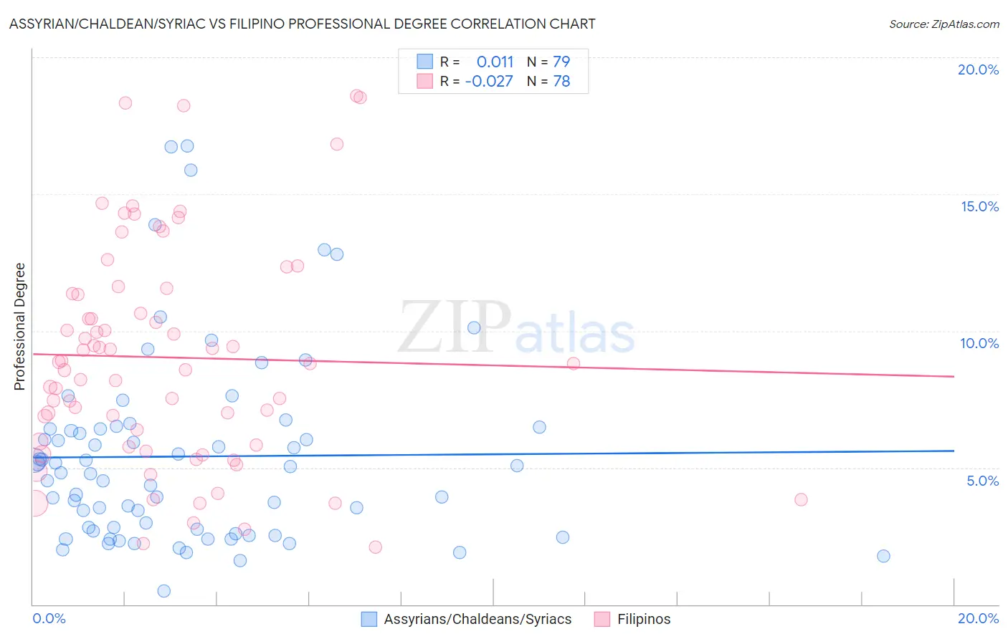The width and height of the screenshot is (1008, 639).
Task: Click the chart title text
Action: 302,24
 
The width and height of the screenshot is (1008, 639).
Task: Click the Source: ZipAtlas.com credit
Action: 943,24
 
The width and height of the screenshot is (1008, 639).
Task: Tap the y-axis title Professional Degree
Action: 19,327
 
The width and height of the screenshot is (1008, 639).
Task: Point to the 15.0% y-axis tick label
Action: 979,206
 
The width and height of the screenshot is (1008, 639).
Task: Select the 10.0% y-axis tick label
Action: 979,343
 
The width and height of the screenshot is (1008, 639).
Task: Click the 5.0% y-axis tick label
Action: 982,481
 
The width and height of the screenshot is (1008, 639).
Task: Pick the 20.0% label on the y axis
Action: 978,69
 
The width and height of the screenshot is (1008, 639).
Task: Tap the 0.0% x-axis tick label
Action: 49,618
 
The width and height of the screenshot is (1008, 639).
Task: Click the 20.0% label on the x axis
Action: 978,618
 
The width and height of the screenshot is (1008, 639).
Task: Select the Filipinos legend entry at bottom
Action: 634,619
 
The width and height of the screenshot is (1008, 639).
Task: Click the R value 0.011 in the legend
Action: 495,62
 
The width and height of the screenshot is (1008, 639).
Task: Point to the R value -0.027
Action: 489,81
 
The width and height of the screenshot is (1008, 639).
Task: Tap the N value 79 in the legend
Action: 561,62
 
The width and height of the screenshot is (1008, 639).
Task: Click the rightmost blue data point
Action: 883,556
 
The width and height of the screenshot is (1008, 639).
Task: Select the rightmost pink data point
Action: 801,499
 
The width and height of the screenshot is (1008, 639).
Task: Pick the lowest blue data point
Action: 163,591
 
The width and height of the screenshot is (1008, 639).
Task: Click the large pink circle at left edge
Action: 34,503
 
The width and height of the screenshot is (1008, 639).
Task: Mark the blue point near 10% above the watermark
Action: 474,327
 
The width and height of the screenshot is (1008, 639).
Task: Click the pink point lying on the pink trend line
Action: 573,363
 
